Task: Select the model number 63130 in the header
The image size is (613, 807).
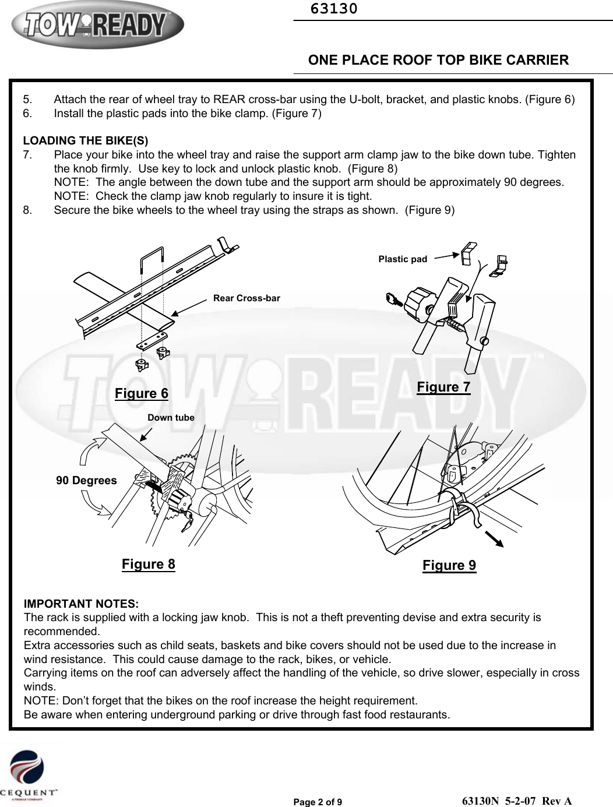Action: pos(334,9)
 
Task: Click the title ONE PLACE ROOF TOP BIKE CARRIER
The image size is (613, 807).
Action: pos(438,60)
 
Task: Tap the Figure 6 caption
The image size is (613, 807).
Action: pos(142,393)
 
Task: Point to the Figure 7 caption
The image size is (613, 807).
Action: pos(443,387)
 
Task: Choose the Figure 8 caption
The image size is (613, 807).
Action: pos(148,564)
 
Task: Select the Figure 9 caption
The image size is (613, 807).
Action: pos(449,565)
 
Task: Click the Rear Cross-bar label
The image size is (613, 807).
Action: pos(246,298)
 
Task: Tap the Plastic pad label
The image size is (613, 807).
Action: pos(403,259)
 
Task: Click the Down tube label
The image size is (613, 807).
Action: pos(171,418)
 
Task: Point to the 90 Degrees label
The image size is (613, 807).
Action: pos(86,481)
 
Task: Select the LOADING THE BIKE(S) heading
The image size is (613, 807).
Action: pos(86,140)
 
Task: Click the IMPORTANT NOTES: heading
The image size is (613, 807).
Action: pos(81,603)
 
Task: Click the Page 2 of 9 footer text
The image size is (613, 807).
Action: pos(318,802)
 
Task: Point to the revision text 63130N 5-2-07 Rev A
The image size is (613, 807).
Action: pos(516,801)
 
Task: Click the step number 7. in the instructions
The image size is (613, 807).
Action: pos(28,155)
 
